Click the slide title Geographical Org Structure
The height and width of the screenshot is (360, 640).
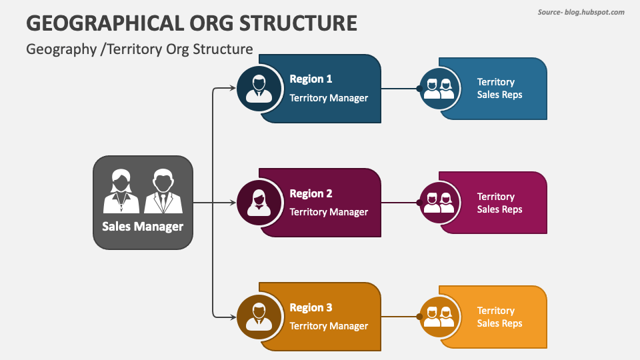[191, 23]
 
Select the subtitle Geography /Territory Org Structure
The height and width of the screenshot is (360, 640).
[139, 49]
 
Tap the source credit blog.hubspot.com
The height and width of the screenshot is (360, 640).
[581, 12]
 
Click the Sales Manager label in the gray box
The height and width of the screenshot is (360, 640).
[143, 226]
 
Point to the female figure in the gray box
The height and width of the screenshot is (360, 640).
[121, 191]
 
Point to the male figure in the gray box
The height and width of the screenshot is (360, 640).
[163, 191]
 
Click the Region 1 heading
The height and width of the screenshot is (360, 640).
[311, 79]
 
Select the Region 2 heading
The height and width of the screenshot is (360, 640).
[311, 193]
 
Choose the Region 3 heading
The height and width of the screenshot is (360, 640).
[311, 307]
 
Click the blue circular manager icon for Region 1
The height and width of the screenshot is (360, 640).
[259, 88]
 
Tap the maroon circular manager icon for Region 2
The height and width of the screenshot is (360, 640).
[259, 203]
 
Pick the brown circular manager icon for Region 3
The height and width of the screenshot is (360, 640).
[259, 317]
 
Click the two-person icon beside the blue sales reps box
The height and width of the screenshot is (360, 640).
[439, 89]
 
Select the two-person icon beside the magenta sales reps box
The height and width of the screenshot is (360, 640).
[439, 203]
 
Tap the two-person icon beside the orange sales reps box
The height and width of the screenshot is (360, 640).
[439, 317]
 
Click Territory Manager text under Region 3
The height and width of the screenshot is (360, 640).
[329, 326]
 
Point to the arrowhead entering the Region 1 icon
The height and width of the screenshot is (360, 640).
[233, 88]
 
